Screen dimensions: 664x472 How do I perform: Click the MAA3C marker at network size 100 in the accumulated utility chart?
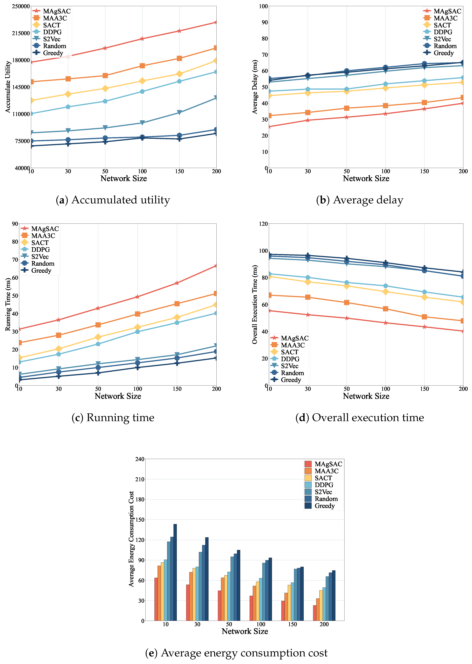coord(142,66)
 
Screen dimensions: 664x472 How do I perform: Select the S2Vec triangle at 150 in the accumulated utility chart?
coord(179,112)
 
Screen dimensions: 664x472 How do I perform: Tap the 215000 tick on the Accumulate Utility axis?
coord(21,33)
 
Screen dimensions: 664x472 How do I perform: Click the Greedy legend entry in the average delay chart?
coord(443,53)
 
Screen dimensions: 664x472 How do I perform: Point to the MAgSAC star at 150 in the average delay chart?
coord(424,109)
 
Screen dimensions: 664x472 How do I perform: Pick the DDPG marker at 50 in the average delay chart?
coord(346,89)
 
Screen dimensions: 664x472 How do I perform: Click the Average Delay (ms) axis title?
coord(255,87)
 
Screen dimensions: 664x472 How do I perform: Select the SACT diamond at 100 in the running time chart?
coord(137,327)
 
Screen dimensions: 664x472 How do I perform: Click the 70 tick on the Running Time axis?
coord(15,260)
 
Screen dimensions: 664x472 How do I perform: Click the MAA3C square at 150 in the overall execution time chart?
coord(424,317)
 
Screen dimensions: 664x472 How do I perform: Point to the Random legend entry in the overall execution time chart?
coord(292,373)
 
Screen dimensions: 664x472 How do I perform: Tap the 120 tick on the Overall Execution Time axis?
coord(263,224)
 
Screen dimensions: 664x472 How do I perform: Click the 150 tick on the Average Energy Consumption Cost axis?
coord(140,520)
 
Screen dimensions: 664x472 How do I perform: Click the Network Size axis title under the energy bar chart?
coord(245,631)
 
